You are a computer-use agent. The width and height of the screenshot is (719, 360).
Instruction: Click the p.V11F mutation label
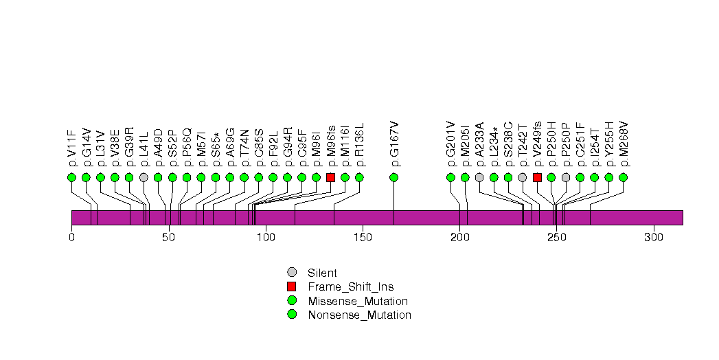tap(71, 148)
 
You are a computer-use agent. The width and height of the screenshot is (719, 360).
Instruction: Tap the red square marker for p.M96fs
tap(330, 177)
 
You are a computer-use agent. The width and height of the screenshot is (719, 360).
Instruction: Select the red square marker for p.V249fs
tap(537, 177)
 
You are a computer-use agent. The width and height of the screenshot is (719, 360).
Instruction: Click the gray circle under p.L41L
tap(144, 177)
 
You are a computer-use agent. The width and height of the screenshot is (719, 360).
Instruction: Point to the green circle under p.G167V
tap(394, 177)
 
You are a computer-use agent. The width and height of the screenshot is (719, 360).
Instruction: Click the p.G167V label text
tap(394, 144)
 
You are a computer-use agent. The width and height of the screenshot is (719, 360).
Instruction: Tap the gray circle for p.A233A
tap(479, 177)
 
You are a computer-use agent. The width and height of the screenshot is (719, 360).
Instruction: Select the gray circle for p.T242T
tap(523, 177)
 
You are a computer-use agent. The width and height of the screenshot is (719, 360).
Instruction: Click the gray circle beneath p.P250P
tap(566, 177)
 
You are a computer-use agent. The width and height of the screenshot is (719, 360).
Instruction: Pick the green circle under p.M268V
tap(623, 177)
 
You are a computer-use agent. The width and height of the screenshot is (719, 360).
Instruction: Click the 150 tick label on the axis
tap(363, 238)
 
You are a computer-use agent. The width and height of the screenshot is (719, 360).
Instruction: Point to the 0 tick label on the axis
tap(71, 238)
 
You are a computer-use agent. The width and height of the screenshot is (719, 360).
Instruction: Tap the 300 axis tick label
tap(653, 238)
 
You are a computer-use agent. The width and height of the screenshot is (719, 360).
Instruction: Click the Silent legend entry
tap(322, 273)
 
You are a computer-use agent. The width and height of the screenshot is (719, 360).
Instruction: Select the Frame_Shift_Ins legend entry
tap(350, 286)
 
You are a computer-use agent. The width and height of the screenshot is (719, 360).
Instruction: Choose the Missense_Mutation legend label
tap(358, 301)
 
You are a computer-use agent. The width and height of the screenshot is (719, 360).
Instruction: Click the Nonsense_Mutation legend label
tap(359, 315)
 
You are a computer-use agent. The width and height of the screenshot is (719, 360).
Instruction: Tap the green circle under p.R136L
tap(359, 177)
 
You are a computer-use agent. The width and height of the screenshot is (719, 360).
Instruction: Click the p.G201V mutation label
tap(450, 144)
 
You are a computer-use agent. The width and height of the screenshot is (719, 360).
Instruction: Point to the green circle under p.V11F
tap(71, 177)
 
